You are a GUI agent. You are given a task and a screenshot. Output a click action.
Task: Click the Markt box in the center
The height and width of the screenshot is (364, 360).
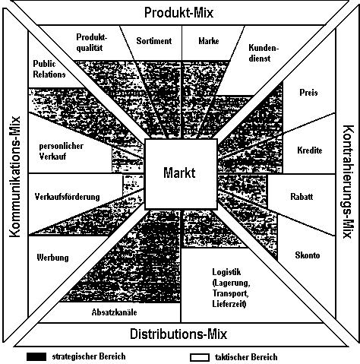(181, 174)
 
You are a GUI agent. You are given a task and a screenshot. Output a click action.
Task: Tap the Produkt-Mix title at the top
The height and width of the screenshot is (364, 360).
(178, 13)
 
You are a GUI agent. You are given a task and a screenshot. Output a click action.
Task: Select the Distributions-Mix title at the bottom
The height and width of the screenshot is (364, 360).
(178, 334)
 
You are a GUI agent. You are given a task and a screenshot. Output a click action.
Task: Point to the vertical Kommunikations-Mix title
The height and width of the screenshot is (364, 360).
(15, 177)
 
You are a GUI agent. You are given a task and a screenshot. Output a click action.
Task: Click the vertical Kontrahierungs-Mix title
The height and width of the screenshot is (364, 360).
(347, 182)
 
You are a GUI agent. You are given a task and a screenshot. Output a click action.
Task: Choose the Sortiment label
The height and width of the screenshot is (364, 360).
(154, 41)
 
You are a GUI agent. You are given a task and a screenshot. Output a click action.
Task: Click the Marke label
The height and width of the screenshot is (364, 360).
(209, 41)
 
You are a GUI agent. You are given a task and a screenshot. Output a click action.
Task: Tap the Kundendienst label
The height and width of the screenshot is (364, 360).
(264, 52)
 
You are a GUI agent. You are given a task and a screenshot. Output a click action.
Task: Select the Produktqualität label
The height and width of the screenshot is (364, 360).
(92, 43)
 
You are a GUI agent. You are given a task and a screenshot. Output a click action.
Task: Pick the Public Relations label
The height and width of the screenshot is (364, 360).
(49, 69)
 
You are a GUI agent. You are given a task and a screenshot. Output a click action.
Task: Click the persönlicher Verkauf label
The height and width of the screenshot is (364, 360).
(61, 151)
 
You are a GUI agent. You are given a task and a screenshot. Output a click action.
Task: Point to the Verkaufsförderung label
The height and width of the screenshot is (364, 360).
(67, 197)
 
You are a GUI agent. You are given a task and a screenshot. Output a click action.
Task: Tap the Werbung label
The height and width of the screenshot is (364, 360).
(52, 258)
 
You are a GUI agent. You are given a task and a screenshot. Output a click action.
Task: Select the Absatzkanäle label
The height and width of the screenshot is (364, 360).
(114, 312)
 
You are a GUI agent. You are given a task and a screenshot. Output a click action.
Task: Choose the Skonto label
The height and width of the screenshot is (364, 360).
(308, 255)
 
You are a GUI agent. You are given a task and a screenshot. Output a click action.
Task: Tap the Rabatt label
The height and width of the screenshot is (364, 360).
(302, 197)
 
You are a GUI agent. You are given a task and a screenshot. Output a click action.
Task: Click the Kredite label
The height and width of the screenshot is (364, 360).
(310, 150)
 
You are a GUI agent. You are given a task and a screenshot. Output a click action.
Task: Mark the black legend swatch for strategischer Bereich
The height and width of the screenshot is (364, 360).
(36, 356)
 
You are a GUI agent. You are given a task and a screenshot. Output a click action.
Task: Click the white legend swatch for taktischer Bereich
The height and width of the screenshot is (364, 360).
(200, 357)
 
